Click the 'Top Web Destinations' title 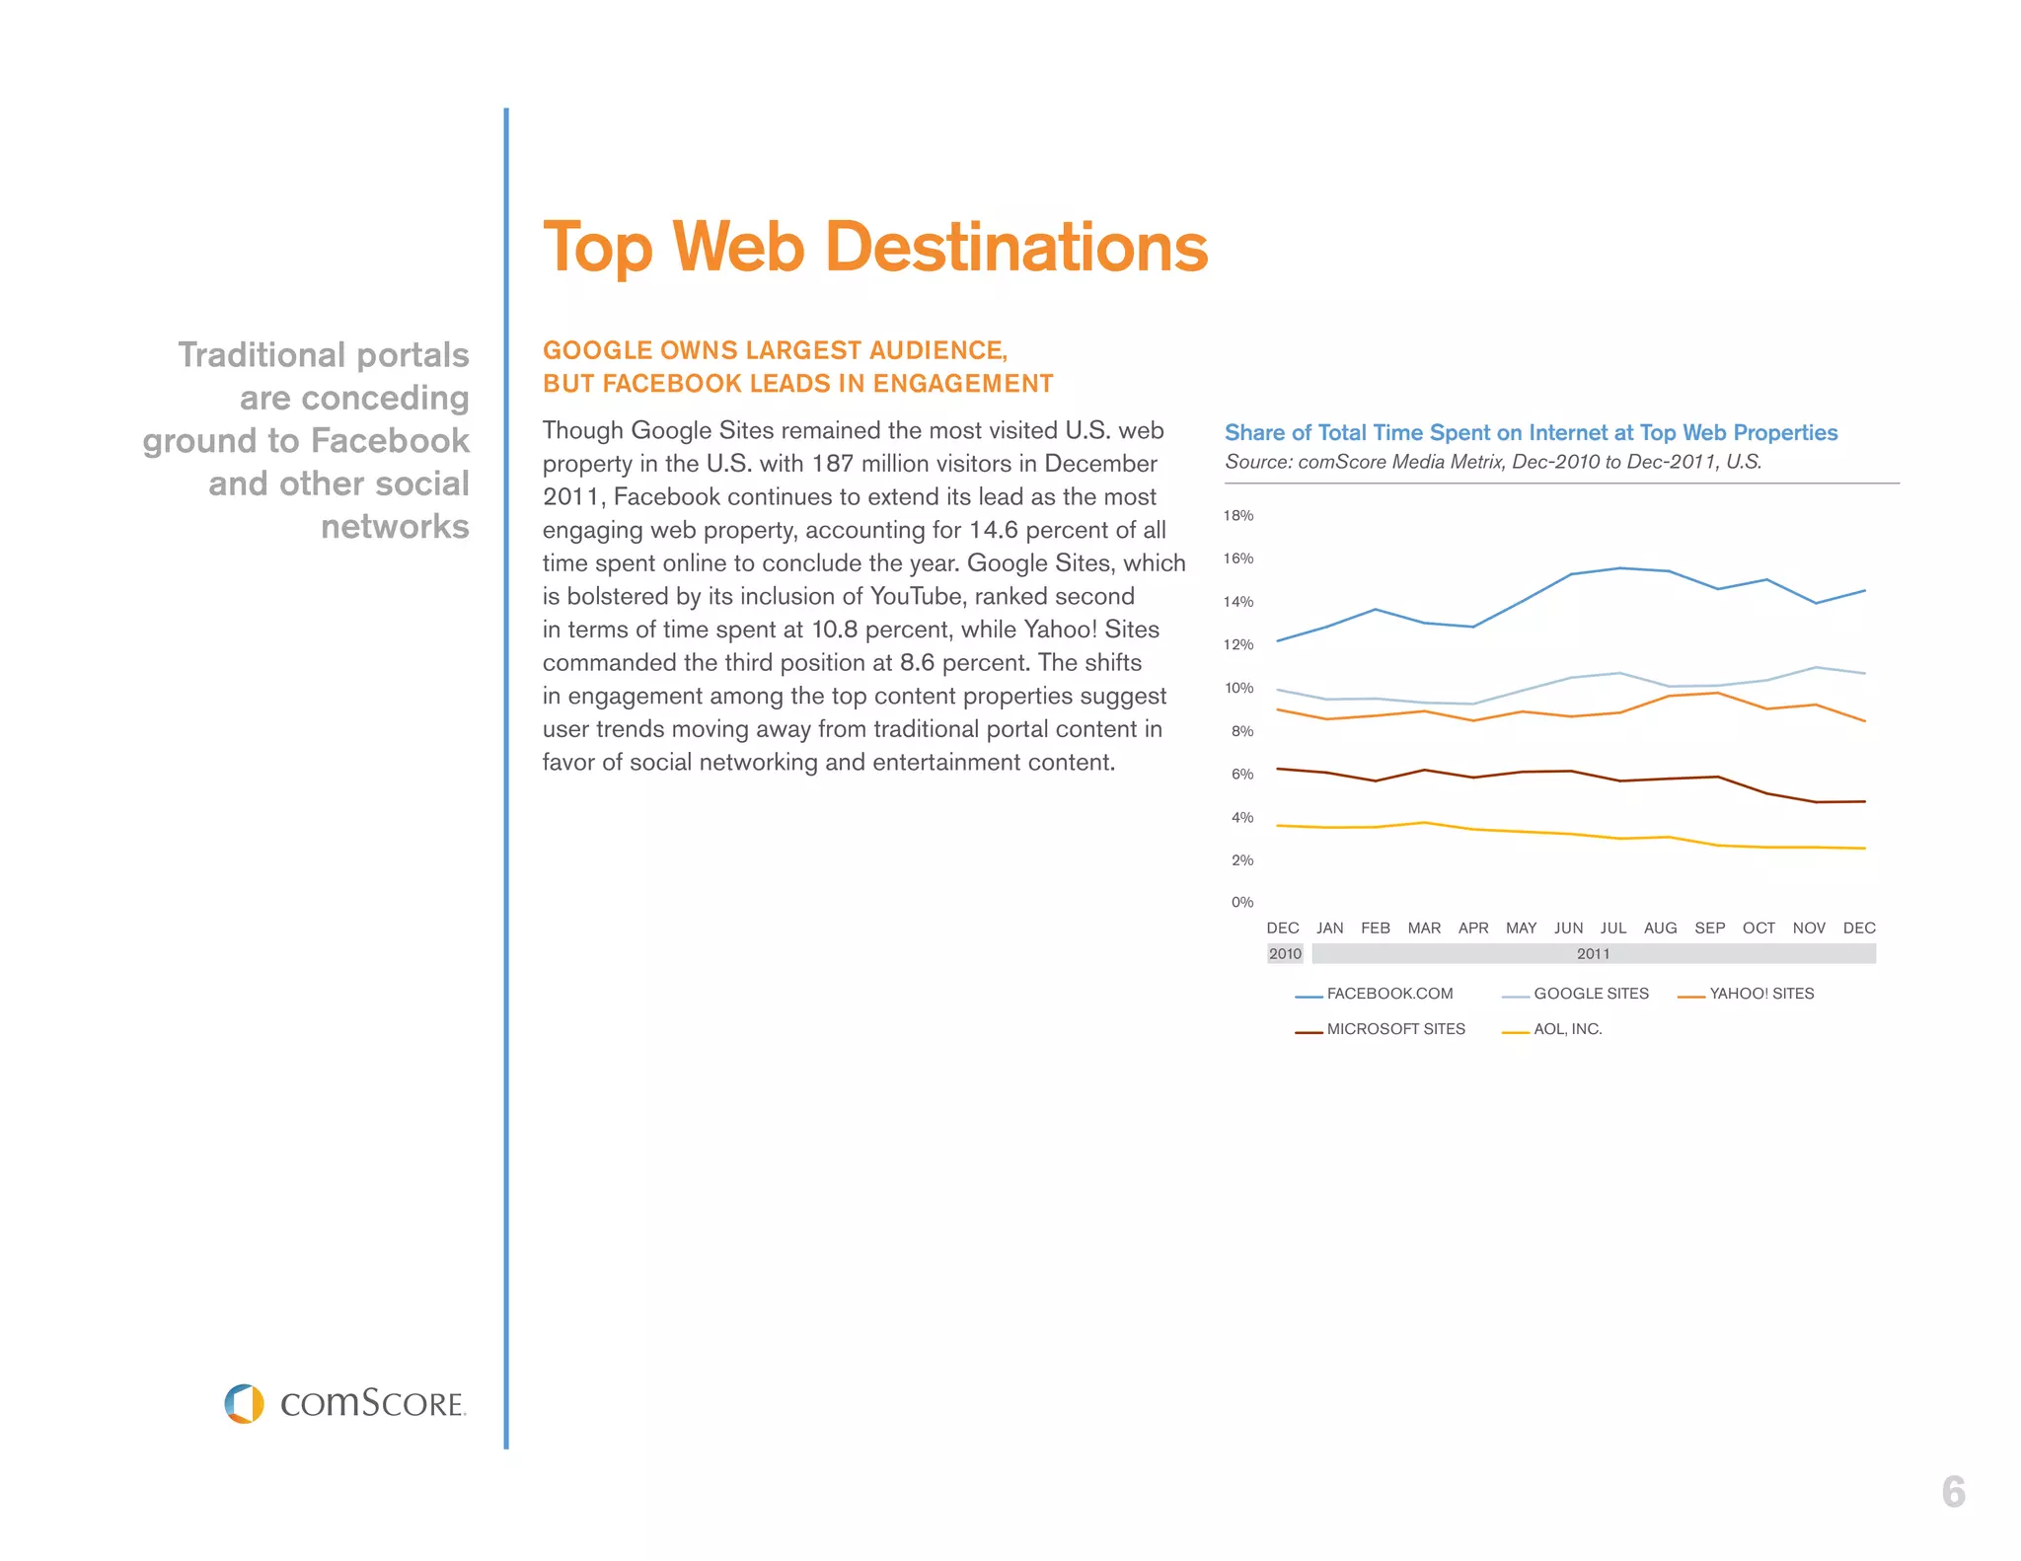tap(875, 247)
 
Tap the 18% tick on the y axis tap(1238, 515)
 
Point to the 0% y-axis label tap(1241, 902)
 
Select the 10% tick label tap(1238, 688)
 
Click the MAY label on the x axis tap(1521, 928)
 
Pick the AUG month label tap(1660, 928)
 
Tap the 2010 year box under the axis tap(1285, 953)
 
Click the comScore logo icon tap(244, 1403)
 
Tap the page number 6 tap(1953, 1492)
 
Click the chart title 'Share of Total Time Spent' tap(1531, 432)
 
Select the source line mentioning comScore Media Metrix tap(1492, 462)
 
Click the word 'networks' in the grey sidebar tap(395, 526)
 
